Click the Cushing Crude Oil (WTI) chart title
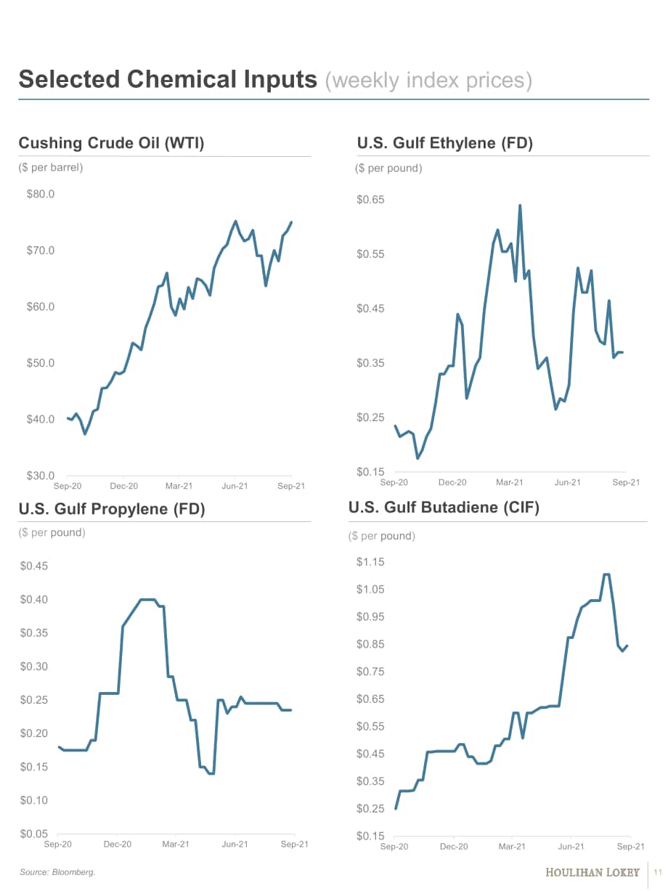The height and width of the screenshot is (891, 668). click(x=111, y=143)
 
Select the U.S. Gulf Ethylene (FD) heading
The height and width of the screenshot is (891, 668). click(x=445, y=143)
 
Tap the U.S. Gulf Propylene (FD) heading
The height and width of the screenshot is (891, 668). click(x=112, y=508)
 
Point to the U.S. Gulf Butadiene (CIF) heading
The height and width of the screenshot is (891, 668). click(x=444, y=508)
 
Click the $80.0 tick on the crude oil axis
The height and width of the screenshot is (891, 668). click(x=41, y=194)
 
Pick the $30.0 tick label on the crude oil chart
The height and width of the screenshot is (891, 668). click(x=41, y=476)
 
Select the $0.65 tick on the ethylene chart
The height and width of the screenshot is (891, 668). click(x=370, y=200)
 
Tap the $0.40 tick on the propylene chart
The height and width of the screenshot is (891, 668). click(x=34, y=599)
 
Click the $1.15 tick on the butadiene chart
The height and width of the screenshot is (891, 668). click(x=370, y=562)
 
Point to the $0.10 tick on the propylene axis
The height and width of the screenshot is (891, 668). click(x=34, y=800)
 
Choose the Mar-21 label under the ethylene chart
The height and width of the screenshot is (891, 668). click(x=509, y=482)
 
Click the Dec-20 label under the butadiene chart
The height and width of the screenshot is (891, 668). click(x=454, y=847)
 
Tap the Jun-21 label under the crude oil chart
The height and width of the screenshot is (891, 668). click(x=235, y=486)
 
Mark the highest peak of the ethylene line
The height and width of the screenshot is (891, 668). click(x=520, y=206)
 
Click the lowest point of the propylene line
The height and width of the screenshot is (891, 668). click(x=212, y=773)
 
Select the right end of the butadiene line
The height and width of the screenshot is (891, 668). click(x=627, y=646)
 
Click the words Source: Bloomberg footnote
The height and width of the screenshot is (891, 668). click(x=57, y=872)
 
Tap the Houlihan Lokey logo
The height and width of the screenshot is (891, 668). click(x=592, y=872)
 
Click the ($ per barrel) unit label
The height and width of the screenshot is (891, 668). click(x=51, y=167)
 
